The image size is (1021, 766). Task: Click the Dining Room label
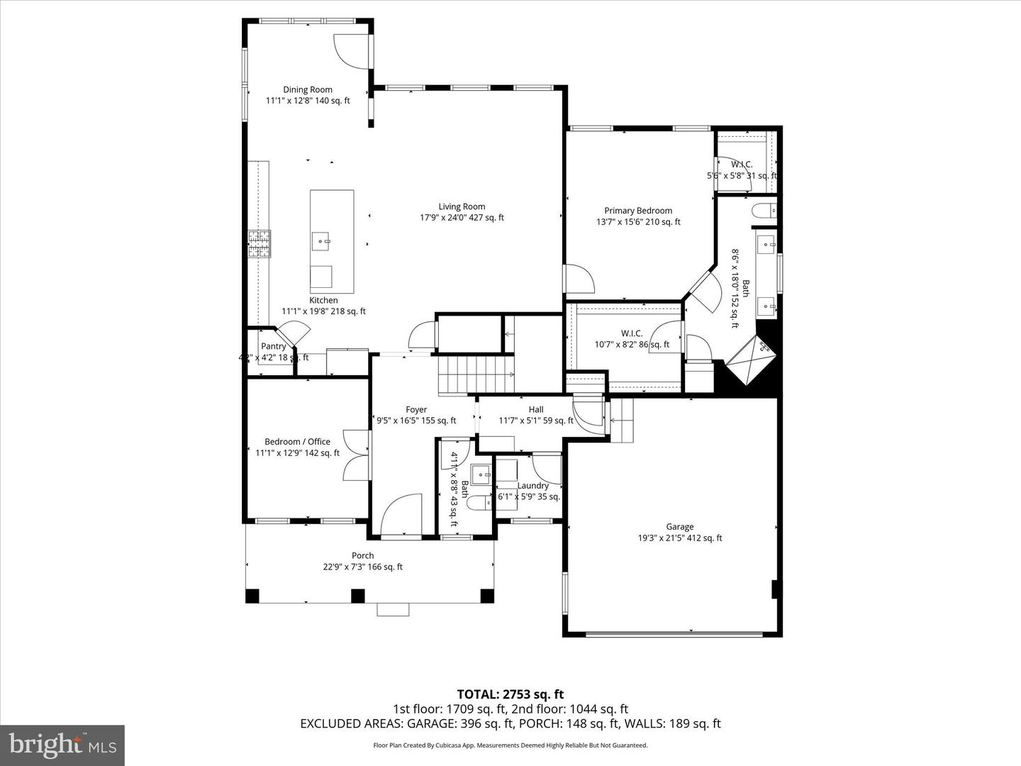(x=308, y=89)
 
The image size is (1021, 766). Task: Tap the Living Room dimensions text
(x=462, y=218)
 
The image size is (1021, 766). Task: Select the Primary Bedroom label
(x=638, y=211)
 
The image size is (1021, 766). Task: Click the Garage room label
(x=679, y=526)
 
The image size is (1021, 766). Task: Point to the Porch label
(x=362, y=555)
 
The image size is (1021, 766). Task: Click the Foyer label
(x=416, y=409)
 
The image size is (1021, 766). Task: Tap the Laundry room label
(x=532, y=486)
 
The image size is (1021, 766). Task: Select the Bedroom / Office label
(x=297, y=441)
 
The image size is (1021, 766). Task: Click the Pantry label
(x=273, y=346)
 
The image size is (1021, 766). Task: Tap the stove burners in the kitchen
(x=259, y=243)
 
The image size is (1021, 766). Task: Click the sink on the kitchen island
(x=323, y=241)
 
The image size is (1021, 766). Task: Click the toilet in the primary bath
(x=764, y=210)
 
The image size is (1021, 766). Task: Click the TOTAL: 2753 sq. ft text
(x=510, y=694)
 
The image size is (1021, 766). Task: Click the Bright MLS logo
(x=62, y=745)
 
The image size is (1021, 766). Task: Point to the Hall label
(x=536, y=409)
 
